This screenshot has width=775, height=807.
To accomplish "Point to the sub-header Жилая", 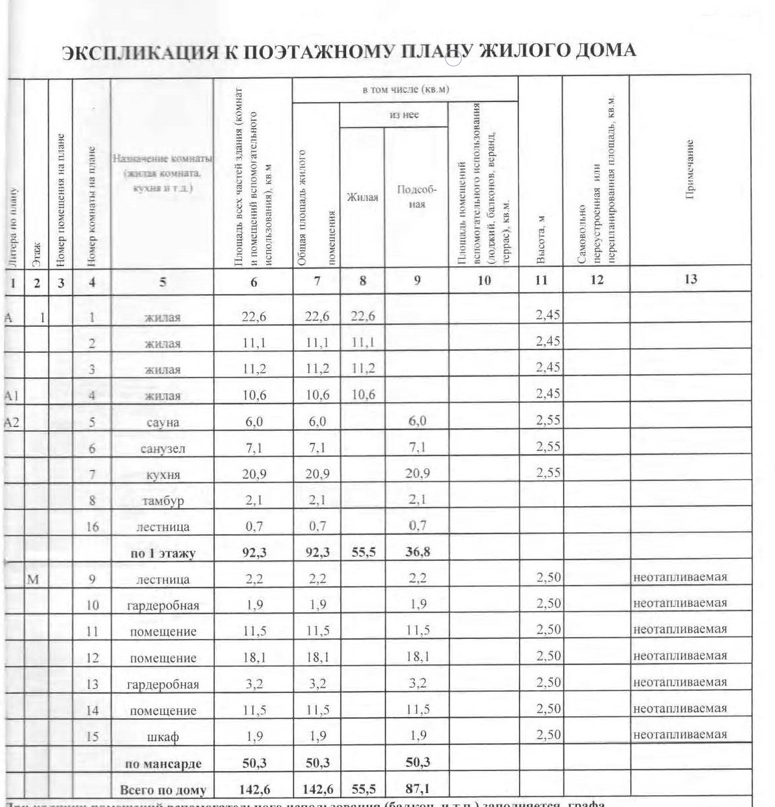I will tap(362, 197).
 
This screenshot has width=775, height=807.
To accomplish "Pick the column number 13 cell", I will tap(690, 280).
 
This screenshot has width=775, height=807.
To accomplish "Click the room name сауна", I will tap(163, 423).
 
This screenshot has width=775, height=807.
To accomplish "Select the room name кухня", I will tap(163, 475).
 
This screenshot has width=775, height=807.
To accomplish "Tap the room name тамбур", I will tap(163, 501).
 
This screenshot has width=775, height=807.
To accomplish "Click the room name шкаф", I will tap(163, 737).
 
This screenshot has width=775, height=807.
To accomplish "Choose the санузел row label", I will tap(163, 449).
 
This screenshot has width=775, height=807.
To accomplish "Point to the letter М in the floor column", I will tap(34, 579).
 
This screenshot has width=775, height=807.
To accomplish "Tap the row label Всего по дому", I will tap(163, 790).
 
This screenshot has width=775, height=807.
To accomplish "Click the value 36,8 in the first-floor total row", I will tap(417, 553).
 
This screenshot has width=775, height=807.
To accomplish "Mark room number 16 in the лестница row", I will tap(92, 527).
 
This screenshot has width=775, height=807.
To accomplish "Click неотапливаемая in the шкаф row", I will tap(680, 734).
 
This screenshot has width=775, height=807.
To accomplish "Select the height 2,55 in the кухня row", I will tap(548, 473).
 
